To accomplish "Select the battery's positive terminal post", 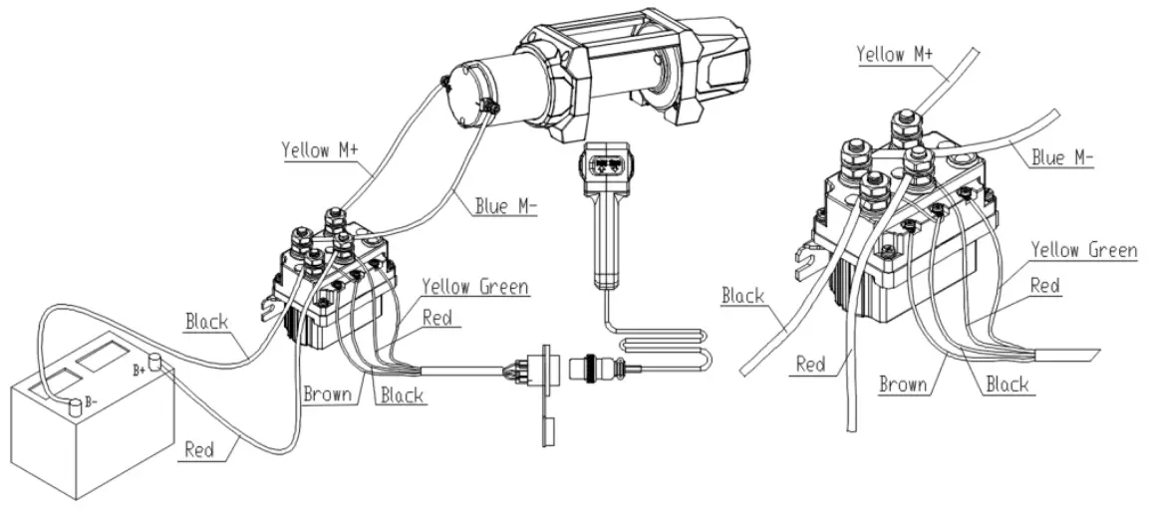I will coord(154,360).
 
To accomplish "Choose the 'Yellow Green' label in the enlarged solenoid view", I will coord(1083,249).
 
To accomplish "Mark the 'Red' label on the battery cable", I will coord(200,449).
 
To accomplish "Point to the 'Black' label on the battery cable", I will coord(207,322).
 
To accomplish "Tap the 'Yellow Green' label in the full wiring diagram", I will coord(474,287).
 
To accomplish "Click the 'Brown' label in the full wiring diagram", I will coord(327,394).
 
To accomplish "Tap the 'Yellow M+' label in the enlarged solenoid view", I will coord(894,54).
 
